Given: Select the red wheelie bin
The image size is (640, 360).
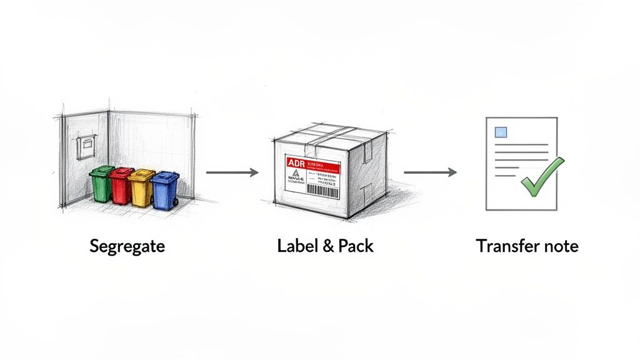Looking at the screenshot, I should click(121, 186).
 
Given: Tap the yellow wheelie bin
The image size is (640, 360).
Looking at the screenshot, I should click(141, 189).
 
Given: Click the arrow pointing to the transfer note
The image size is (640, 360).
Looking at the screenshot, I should click(430, 172).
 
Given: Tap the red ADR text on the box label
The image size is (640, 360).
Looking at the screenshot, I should click(295, 163).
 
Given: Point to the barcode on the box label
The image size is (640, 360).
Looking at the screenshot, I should click(324, 190).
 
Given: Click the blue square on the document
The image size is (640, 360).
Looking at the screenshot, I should click(501, 132).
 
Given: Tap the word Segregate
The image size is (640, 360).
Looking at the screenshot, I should click(127, 246).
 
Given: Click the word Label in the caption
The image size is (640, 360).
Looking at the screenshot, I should click(294, 246).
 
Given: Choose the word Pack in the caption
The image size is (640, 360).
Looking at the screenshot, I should click(355, 246).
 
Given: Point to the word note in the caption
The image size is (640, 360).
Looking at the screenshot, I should click(559, 246).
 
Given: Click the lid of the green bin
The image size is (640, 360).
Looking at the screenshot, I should click(102, 169).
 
